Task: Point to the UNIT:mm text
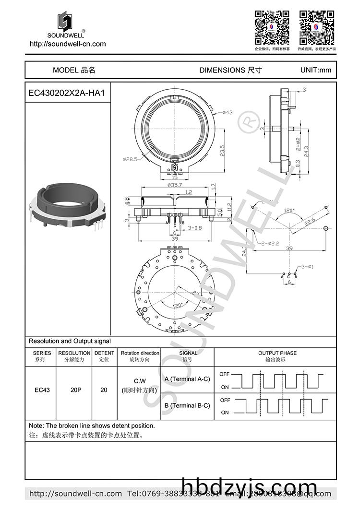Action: (315, 70)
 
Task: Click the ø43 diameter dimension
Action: (227, 113)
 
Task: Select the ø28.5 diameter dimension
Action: (130, 159)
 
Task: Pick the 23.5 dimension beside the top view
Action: (222, 151)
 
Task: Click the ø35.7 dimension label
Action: (174, 185)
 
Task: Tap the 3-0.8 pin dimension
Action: (195, 228)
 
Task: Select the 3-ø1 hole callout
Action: (308, 266)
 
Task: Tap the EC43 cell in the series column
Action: (42, 390)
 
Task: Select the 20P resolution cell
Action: (75, 390)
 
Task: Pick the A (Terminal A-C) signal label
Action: (187, 379)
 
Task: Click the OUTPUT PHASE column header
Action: (277, 353)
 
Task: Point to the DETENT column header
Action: (104, 353)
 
